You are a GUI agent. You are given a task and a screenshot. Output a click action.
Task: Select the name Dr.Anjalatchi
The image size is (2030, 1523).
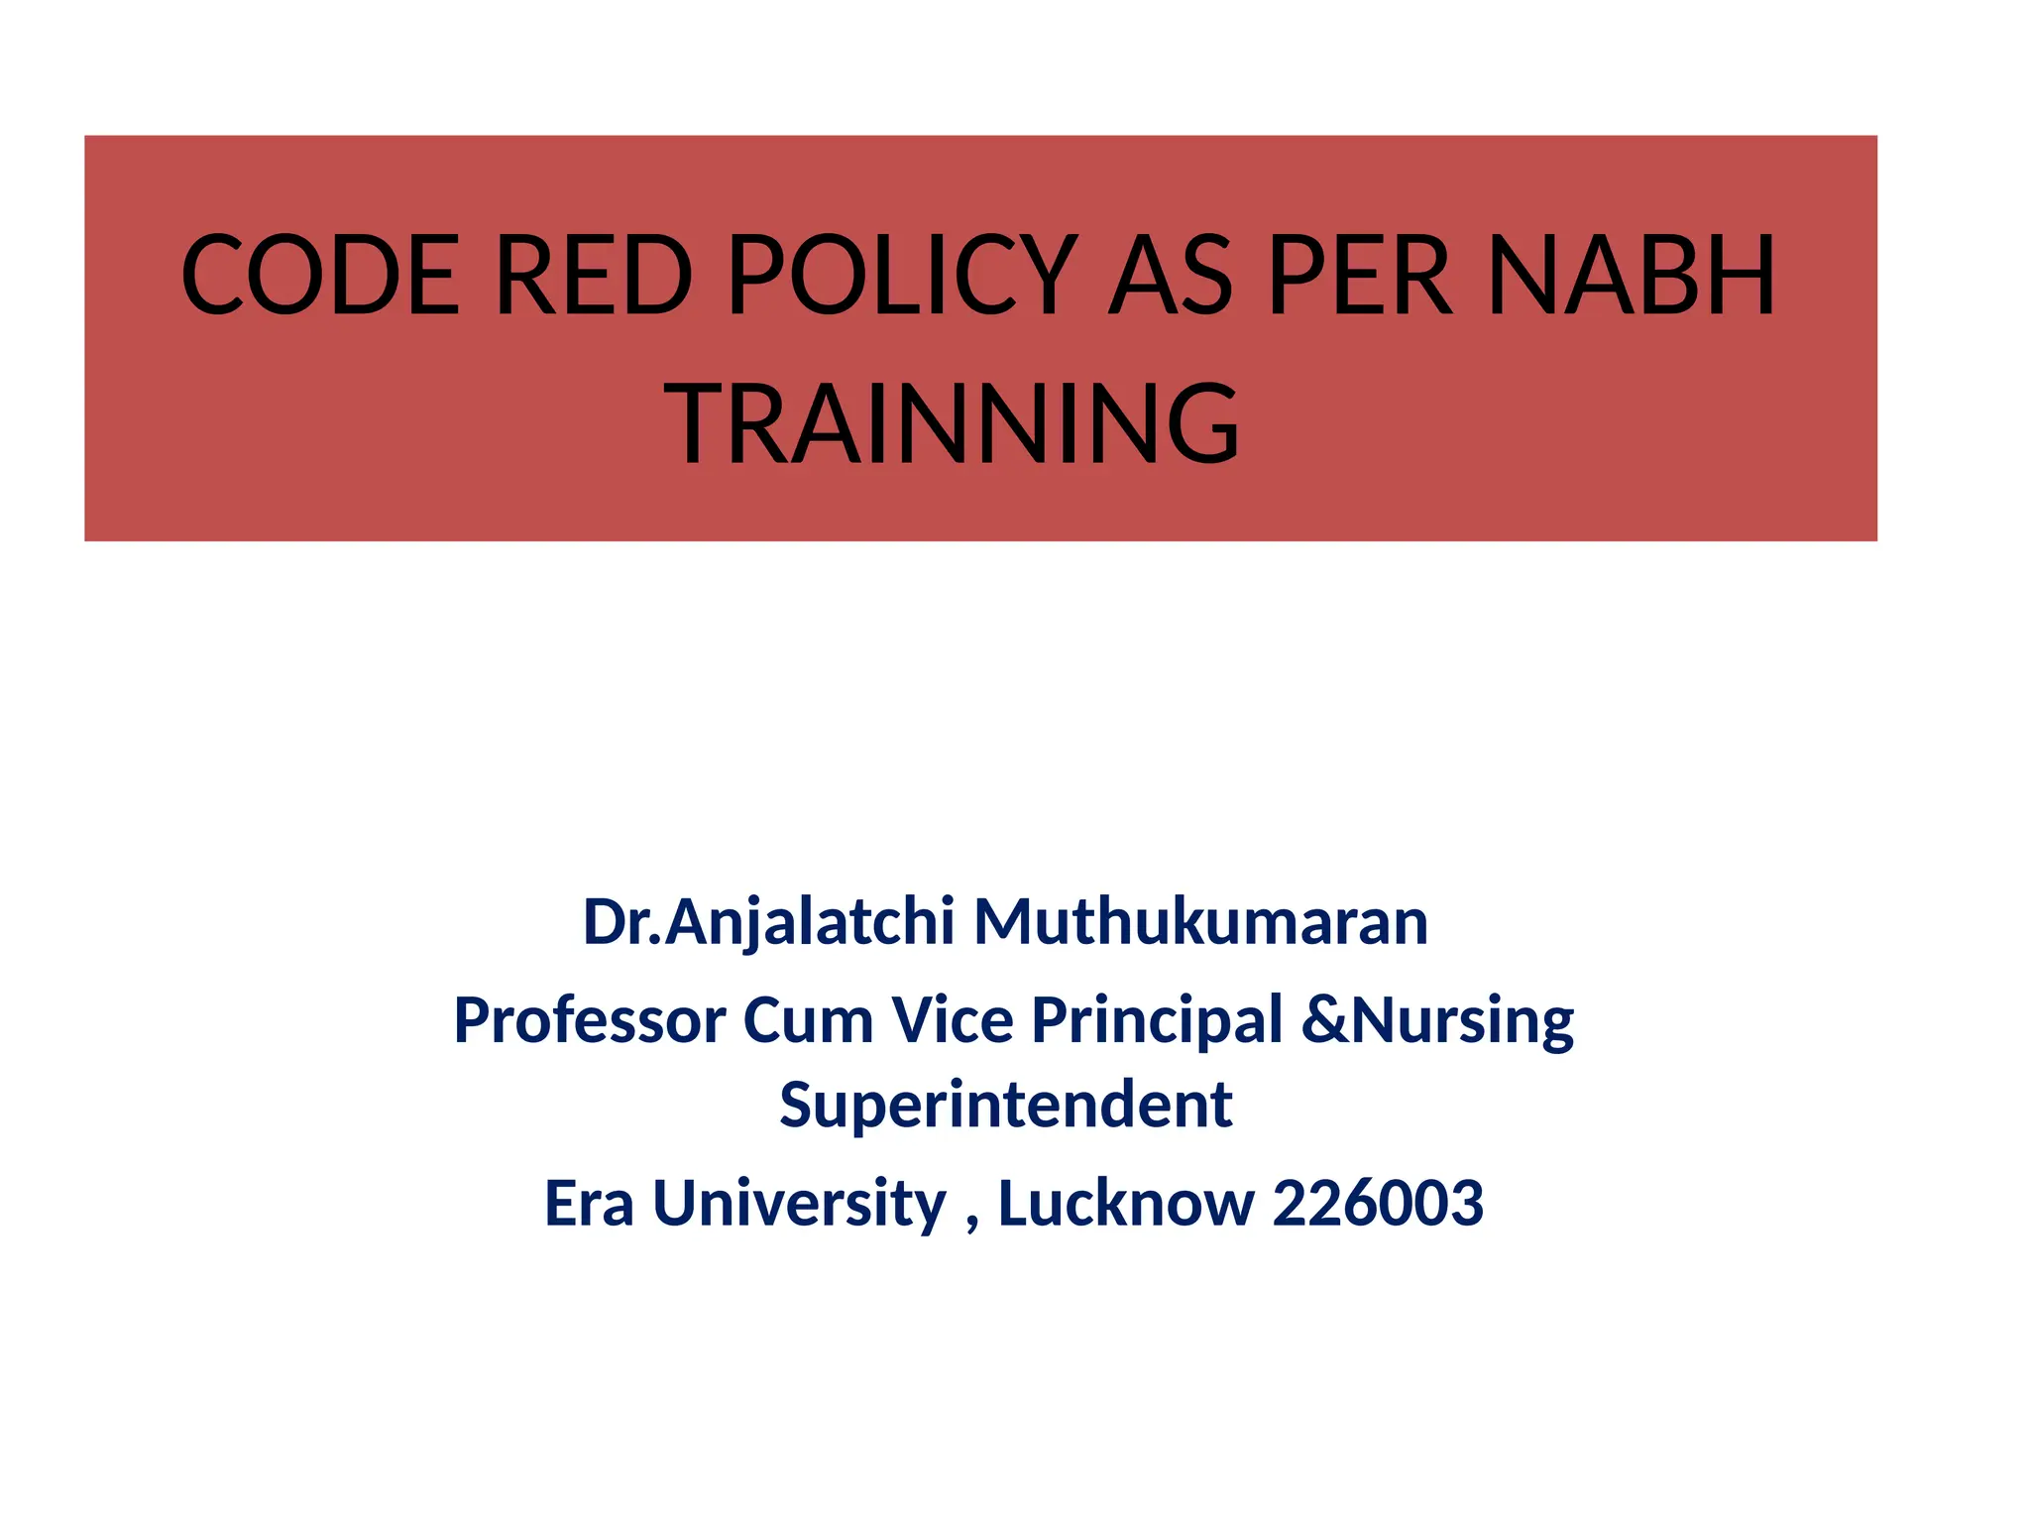(768, 922)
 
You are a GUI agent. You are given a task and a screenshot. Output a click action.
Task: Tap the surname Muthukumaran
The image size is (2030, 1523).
(1200, 922)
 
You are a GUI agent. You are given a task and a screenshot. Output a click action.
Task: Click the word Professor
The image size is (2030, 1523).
(590, 1020)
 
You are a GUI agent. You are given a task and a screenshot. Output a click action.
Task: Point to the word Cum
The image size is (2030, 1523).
(808, 1020)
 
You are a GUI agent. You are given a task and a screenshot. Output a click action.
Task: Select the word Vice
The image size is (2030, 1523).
(952, 1020)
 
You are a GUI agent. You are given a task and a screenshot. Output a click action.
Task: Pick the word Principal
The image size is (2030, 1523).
(1157, 1020)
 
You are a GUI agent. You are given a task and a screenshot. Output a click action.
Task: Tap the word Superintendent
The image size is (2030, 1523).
(1005, 1105)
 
